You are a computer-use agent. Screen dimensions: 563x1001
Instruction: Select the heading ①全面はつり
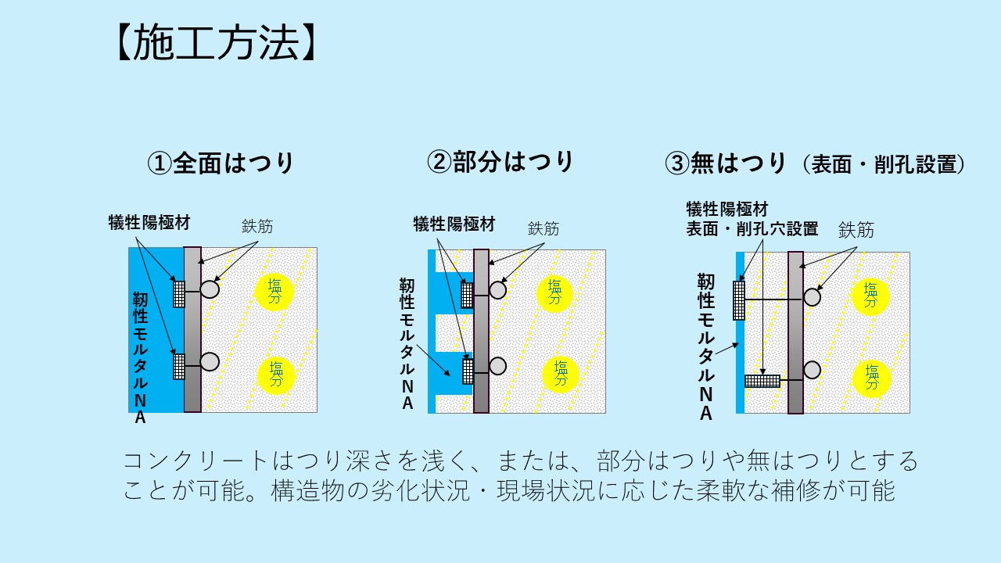pos(221,163)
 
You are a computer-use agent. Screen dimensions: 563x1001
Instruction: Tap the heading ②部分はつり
pos(500,162)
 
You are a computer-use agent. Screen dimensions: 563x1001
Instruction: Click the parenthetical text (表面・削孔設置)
pos(884,164)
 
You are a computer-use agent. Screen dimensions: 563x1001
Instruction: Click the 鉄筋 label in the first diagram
pos(257,227)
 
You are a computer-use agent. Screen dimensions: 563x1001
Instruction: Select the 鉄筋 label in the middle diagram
pos(544,228)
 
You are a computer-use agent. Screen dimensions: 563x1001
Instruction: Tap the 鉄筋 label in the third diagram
pos(856,230)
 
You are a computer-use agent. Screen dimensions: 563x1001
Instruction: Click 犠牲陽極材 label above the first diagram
pos(149,223)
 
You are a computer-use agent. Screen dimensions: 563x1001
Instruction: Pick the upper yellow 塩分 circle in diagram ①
pos(275,292)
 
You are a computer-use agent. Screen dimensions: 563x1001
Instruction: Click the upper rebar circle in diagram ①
pos(210,289)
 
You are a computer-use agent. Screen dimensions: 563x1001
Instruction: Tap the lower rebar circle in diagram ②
pos(497,365)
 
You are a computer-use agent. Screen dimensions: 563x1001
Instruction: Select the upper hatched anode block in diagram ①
pos(179,293)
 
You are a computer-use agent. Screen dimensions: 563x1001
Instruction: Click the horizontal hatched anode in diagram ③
pos(762,381)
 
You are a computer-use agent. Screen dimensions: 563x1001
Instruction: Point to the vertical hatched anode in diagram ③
pos(739,300)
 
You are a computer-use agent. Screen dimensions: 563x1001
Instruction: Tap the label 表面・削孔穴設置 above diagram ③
pos(752,229)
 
